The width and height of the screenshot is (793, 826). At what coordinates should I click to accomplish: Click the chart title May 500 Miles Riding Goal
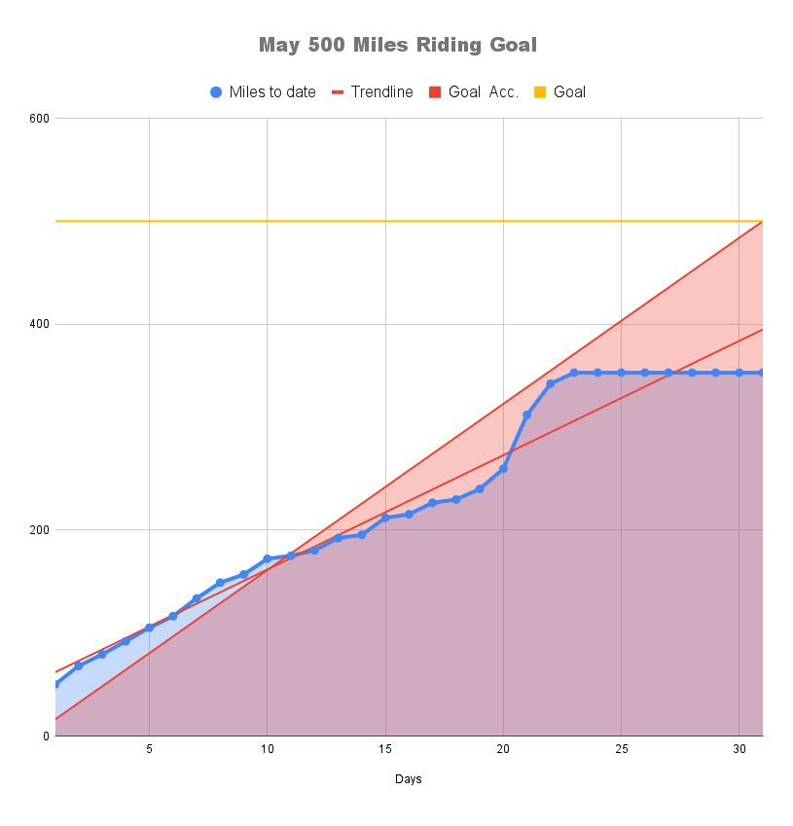(397, 45)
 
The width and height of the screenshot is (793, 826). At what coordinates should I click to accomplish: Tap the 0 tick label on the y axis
(45, 736)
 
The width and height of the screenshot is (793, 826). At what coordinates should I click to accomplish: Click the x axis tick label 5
(149, 749)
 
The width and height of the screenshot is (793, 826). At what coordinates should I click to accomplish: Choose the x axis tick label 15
(385, 749)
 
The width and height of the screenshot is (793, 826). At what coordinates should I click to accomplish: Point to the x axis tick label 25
(621, 749)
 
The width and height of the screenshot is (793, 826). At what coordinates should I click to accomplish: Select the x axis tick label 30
(739, 749)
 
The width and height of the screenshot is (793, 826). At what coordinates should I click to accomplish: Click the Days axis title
(409, 779)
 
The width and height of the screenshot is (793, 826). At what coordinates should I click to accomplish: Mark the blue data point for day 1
(55, 684)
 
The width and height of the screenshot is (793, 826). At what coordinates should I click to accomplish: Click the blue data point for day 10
(267, 559)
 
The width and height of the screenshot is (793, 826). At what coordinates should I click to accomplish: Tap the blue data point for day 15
(385, 518)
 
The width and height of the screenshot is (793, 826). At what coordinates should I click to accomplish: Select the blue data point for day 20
(503, 469)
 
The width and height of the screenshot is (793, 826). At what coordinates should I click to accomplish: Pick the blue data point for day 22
(551, 384)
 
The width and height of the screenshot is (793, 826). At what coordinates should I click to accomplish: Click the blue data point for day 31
(762, 373)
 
